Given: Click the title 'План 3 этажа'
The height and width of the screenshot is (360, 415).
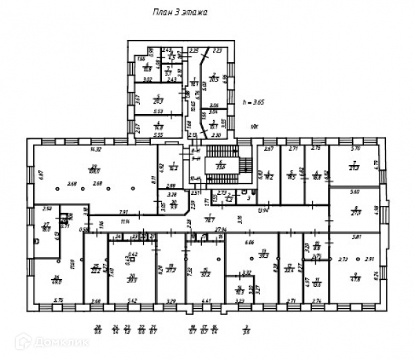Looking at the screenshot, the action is click(178, 12).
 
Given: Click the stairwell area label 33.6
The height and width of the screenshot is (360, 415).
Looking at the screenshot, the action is click(222, 166).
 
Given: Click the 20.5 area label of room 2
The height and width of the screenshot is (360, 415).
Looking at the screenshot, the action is click(214, 79).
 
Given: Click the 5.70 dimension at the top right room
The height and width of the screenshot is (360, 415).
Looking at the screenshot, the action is click(358, 149).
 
